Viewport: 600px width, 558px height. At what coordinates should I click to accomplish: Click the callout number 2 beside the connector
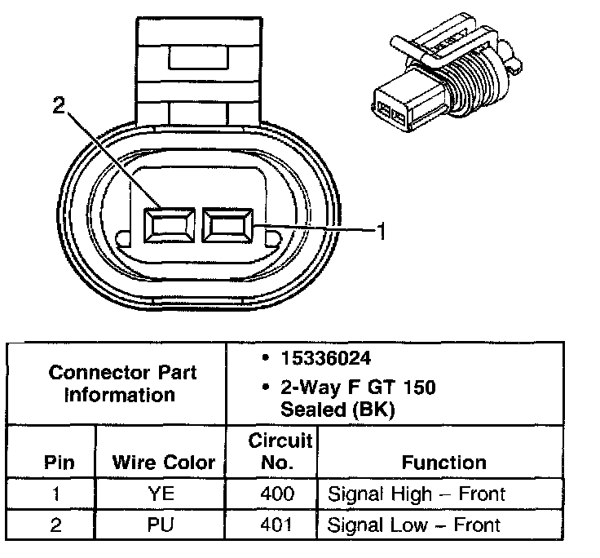(57, 106)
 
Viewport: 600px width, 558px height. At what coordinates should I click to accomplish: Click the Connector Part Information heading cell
(122, 384)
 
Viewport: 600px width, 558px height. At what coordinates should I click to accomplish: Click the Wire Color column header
(164, 463)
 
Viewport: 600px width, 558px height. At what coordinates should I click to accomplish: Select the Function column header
(444, 463)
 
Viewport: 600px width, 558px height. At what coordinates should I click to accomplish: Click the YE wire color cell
(164, 494)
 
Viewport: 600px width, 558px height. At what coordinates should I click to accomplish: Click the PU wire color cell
(164, 525)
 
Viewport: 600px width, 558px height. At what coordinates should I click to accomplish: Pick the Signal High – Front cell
(416, 494)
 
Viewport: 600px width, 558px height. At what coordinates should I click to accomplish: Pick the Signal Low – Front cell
(414, 525)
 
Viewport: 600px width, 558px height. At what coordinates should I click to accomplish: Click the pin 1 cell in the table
(55, 494)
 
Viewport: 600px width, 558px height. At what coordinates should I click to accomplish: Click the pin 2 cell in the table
(55, 525)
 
